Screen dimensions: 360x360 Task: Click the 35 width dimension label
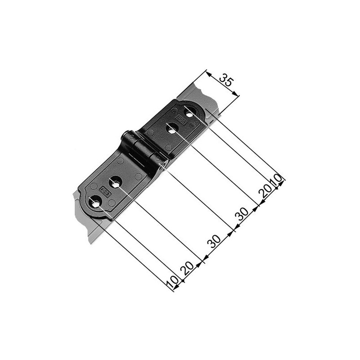226,81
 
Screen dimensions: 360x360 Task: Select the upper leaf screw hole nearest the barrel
171,130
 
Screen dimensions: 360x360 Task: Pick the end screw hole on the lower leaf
96,203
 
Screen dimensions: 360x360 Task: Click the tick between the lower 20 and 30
203,258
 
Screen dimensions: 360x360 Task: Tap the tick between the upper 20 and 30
258,205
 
